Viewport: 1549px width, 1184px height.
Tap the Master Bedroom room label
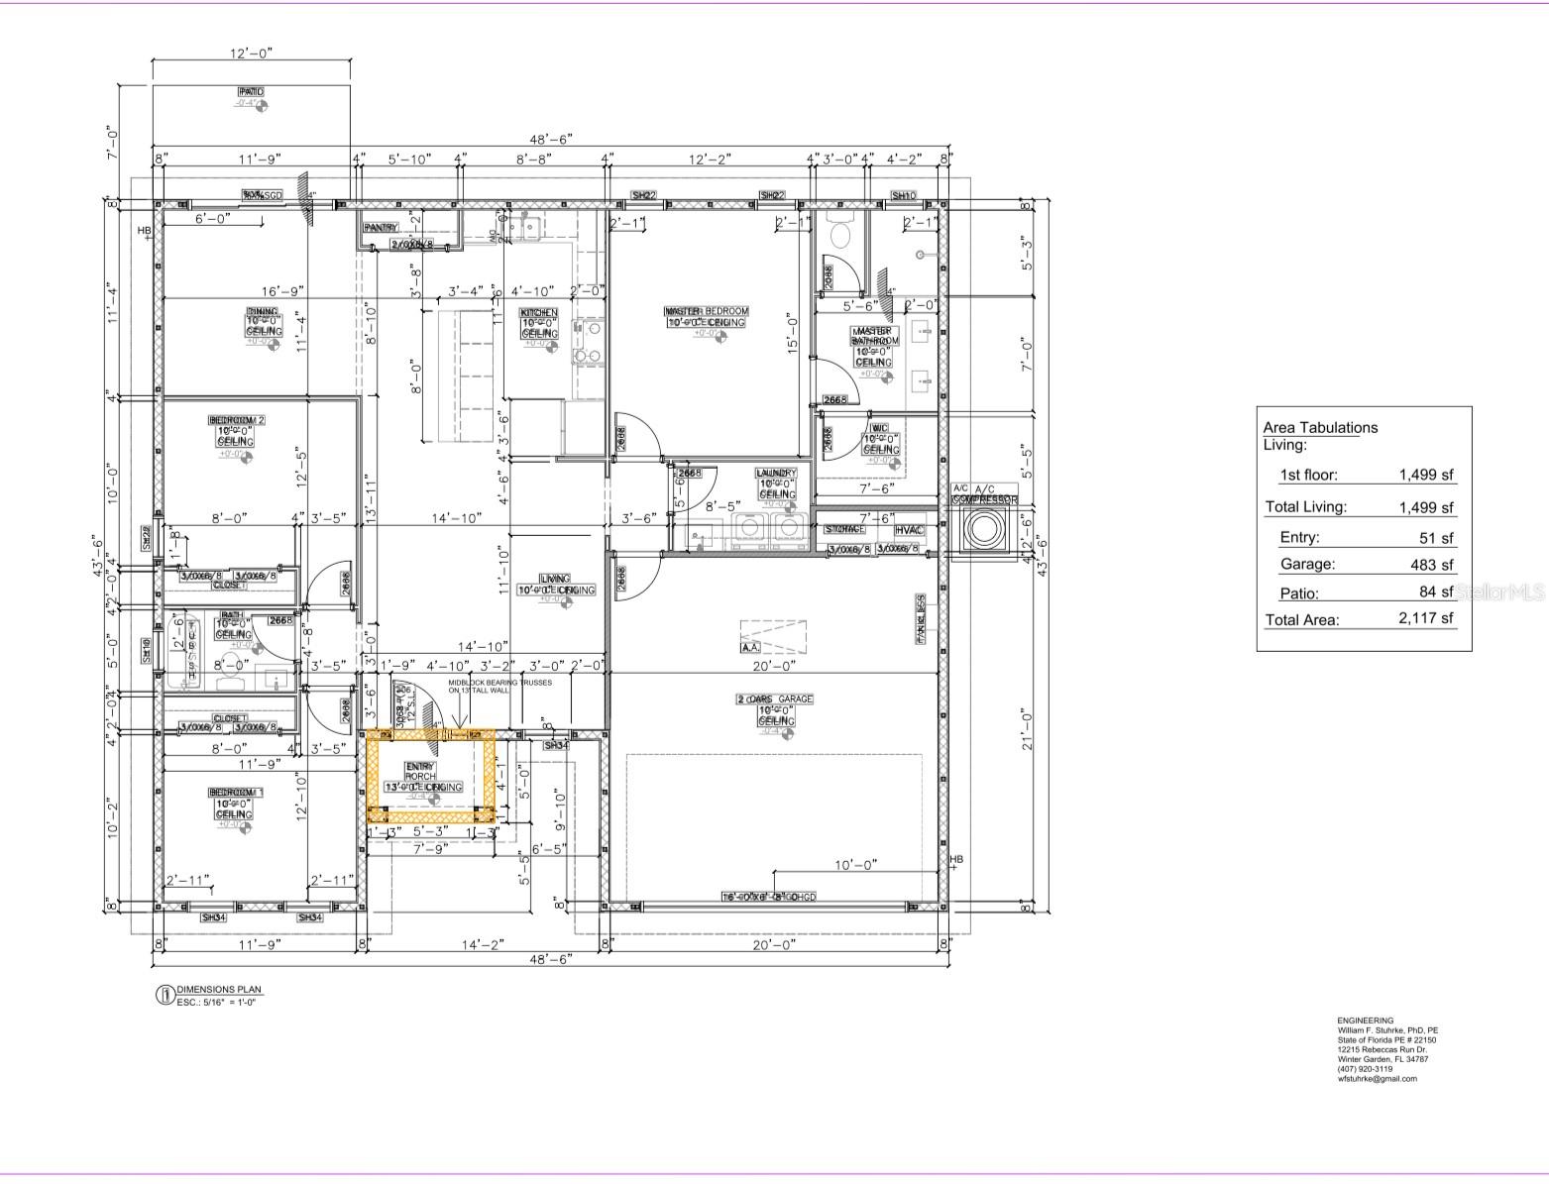(x=706, y=311)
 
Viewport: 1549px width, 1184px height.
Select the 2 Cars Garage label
(x=774, y=699)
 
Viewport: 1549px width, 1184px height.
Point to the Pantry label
(x=381, y=227)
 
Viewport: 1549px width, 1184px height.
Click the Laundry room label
(x=776, y=474)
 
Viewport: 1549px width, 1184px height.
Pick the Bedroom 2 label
(x=236, y=420)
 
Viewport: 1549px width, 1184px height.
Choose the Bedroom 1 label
(x=235, y=793)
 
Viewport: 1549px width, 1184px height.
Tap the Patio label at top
(x=251, y=91)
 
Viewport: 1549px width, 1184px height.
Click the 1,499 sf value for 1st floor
(x=1426, y=475)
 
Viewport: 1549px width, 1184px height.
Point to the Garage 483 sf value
(x=1433, y=565)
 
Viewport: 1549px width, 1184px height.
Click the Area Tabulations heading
(x=1320, y=428)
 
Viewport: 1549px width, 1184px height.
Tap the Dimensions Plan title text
(x=219, y=989)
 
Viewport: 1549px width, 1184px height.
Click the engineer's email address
(x=1377, y=1078)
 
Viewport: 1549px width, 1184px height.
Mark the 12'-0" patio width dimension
(x=250, y=54)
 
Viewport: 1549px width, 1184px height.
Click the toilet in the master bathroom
(x=840, y=233)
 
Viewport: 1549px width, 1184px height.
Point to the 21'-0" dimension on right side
(x=1028, y=731)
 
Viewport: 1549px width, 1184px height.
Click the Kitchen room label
(x=539, y=313)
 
